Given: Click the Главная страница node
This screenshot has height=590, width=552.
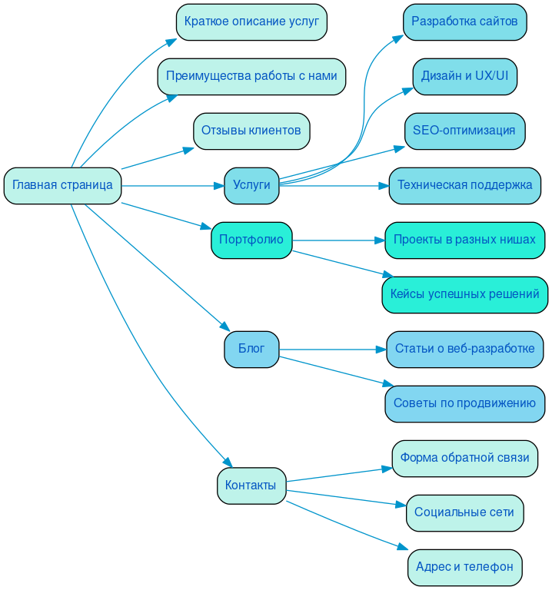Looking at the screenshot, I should [x=62, y=185].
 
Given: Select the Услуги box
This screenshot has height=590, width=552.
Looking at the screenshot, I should [x=251, y=185].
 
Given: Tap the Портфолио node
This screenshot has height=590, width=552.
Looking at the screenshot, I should [x=251, y=240].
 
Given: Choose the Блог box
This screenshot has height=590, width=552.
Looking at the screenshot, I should [x=251, y=349].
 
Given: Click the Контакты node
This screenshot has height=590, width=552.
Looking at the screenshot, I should [x=251, y=486].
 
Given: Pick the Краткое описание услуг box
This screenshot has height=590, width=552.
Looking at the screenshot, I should [x=251, y=22].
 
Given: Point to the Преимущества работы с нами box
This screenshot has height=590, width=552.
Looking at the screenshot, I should [x=251, y=76].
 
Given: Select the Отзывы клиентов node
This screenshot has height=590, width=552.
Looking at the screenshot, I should [x=251, y=131].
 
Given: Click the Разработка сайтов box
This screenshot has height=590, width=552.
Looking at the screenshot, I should [x=464, y=22].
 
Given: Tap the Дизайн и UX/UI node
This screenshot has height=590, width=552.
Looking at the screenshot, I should [x=464, y=76].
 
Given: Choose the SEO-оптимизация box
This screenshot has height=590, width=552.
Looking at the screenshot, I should [x=464, y=131].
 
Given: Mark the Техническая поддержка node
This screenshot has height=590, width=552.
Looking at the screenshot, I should [x=464, y=185].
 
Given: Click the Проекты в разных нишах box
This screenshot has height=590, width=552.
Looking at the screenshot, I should [x=464, y=240].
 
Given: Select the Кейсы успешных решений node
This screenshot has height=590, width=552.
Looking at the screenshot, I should [x=464, y=294].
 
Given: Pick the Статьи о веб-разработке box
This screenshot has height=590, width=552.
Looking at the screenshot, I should [x=464, y=349].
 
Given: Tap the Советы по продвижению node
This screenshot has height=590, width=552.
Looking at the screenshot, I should [x=464, y=403].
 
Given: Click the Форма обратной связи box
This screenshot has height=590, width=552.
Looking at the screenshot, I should [x=464, y=458].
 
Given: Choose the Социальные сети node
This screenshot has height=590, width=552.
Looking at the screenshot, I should [x=464, y=512].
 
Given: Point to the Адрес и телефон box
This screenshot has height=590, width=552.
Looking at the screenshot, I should [x=464, y=567].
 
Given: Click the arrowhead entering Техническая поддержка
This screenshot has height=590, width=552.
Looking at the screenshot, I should [x=384, y=185].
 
